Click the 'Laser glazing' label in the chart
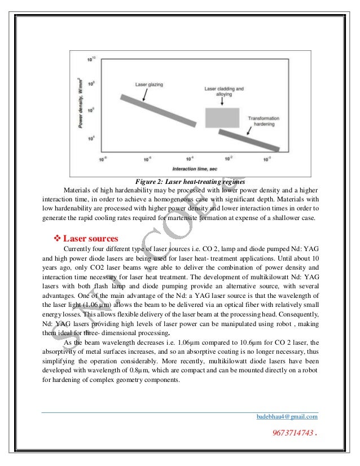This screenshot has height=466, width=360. click(x=150, y=85)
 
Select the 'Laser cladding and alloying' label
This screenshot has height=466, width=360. click(x=222, y=92)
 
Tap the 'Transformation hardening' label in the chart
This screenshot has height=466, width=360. click(x=265, y=121)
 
